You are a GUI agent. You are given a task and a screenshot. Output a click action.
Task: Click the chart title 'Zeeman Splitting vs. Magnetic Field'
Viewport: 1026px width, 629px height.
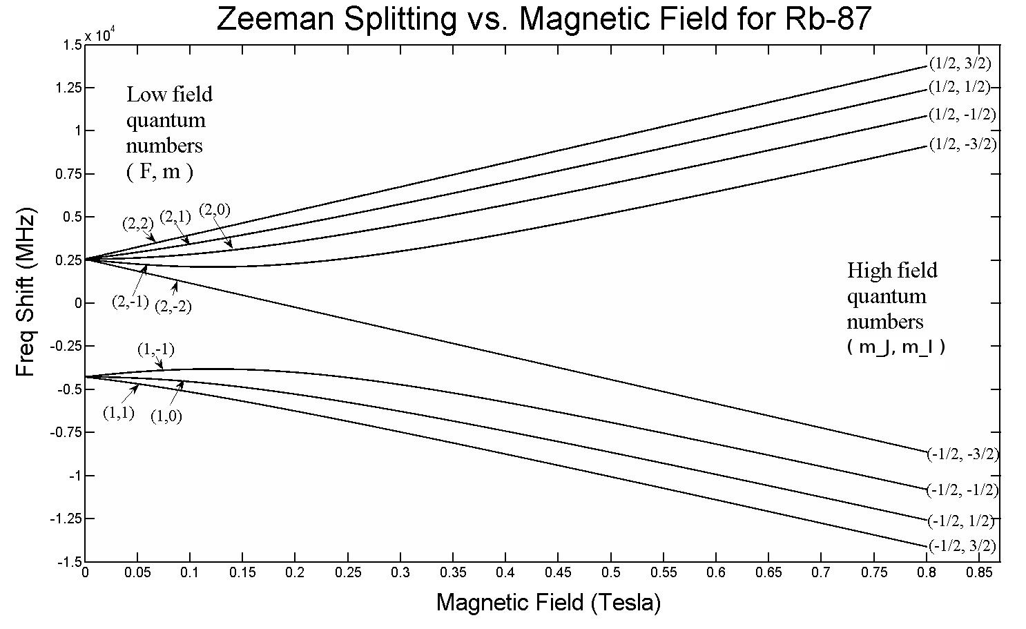pos(543,19)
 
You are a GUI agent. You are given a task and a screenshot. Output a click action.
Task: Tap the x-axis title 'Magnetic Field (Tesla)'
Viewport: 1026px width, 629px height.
pos(548,603)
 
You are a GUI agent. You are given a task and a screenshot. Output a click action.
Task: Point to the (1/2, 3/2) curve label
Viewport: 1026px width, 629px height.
pos(960,64)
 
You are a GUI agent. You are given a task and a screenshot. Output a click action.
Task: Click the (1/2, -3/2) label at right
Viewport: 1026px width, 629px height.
pos(962,144)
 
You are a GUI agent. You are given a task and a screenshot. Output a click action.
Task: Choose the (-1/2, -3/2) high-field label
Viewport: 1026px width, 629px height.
pos(963,454)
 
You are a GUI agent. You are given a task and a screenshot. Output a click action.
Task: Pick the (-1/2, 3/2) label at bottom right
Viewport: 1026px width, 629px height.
pos(962,545)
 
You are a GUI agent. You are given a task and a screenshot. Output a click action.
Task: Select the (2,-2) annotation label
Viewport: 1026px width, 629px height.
pos(173,306)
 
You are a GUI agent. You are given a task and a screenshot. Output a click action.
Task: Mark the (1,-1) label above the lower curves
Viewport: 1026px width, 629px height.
pos(155,349)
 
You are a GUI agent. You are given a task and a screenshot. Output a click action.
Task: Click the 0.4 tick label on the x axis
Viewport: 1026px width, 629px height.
pos(505,573)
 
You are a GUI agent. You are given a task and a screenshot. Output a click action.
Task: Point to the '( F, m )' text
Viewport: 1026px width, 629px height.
pos(159,172)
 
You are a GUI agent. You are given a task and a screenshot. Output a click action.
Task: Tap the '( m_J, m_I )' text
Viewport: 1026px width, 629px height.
pos(896,347)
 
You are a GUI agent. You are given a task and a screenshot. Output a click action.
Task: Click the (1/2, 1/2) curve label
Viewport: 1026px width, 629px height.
pos(960,87)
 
